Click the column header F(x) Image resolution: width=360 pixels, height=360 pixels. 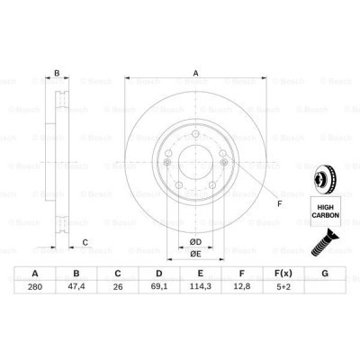283,274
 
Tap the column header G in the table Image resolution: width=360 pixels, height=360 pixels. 325,274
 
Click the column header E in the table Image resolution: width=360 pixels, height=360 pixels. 201,274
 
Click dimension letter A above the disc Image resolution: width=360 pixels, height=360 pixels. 194,75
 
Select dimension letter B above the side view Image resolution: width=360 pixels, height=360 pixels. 57,75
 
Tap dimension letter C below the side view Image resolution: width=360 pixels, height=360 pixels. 85,240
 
